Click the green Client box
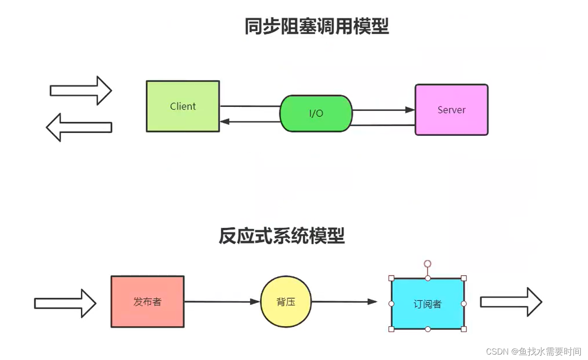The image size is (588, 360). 183,106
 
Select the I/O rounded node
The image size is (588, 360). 316,113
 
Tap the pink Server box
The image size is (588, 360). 451,110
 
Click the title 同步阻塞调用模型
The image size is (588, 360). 317,27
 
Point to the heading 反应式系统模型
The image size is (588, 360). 282,236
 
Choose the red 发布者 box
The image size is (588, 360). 147,302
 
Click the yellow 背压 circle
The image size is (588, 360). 286,302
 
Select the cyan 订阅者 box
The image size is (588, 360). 427,304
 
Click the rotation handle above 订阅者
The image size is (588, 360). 427,263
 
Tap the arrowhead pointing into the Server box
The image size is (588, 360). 410,110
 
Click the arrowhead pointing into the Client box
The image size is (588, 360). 225,121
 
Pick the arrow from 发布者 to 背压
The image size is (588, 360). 221,301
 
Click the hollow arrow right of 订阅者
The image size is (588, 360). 511,302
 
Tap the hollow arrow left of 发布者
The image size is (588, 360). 65,303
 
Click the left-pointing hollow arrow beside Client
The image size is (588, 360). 79,127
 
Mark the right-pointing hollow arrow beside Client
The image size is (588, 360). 81,91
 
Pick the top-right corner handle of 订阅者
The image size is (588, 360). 463,278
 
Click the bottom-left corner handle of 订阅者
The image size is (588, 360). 391,329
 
